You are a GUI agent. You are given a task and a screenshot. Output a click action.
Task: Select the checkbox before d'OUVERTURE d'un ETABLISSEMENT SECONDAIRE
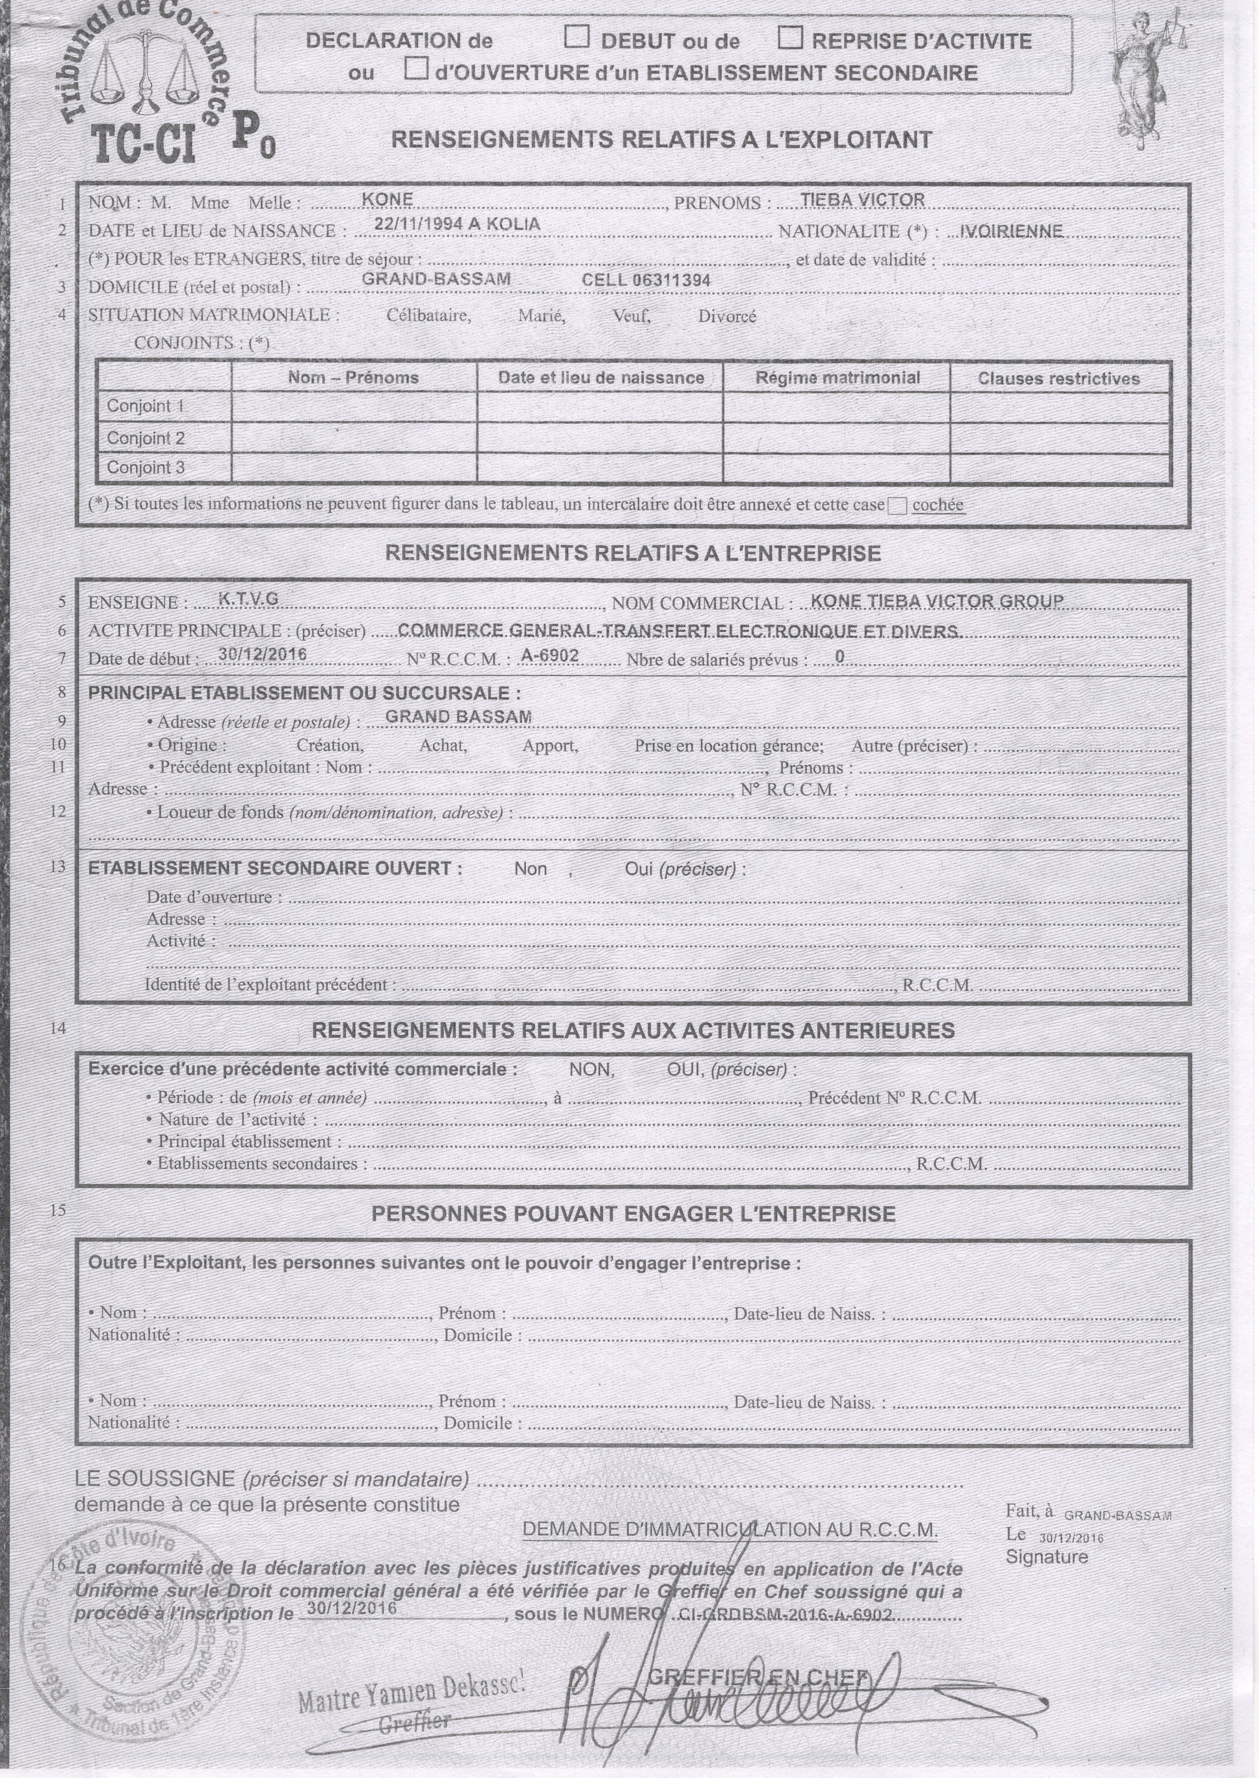416,69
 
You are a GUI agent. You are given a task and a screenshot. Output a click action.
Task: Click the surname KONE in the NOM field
387,200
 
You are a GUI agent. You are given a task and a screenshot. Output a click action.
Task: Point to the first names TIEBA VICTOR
862,200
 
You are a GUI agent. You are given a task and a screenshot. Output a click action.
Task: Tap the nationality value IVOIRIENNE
1010,231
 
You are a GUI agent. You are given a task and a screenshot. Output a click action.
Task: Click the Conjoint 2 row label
146,438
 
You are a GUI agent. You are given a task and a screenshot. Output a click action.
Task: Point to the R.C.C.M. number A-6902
550,655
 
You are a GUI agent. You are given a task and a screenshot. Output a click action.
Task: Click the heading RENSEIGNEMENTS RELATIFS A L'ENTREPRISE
633,553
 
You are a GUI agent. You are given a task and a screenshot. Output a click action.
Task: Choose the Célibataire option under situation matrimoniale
429,316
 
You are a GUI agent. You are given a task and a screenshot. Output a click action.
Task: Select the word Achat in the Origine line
443,746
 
